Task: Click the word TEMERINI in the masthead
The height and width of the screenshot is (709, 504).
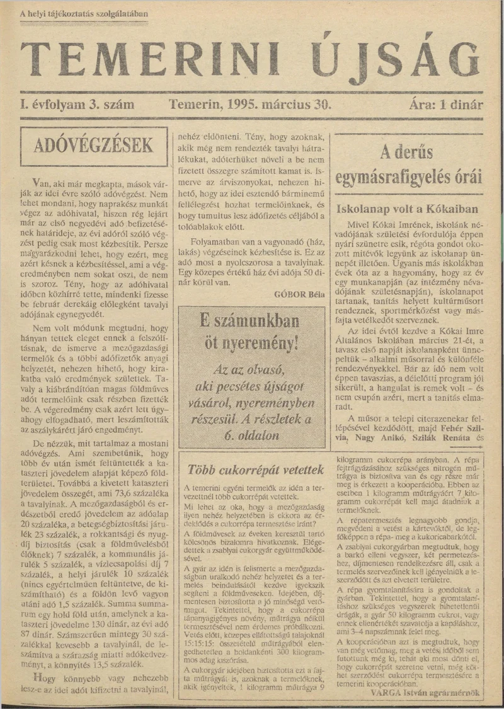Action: coord(151,62)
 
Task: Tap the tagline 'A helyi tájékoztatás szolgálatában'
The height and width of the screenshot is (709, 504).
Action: coord(84,13)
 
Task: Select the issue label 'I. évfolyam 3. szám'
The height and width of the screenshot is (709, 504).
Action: coord(71,105)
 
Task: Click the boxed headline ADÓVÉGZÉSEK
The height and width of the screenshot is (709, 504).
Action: coord(93,146)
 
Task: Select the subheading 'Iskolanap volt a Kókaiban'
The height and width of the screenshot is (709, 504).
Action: coord(408,209)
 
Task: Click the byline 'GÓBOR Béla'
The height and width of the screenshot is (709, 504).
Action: coord(300,294)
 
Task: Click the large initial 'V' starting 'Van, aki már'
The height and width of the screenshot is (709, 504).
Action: coord(35,176)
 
